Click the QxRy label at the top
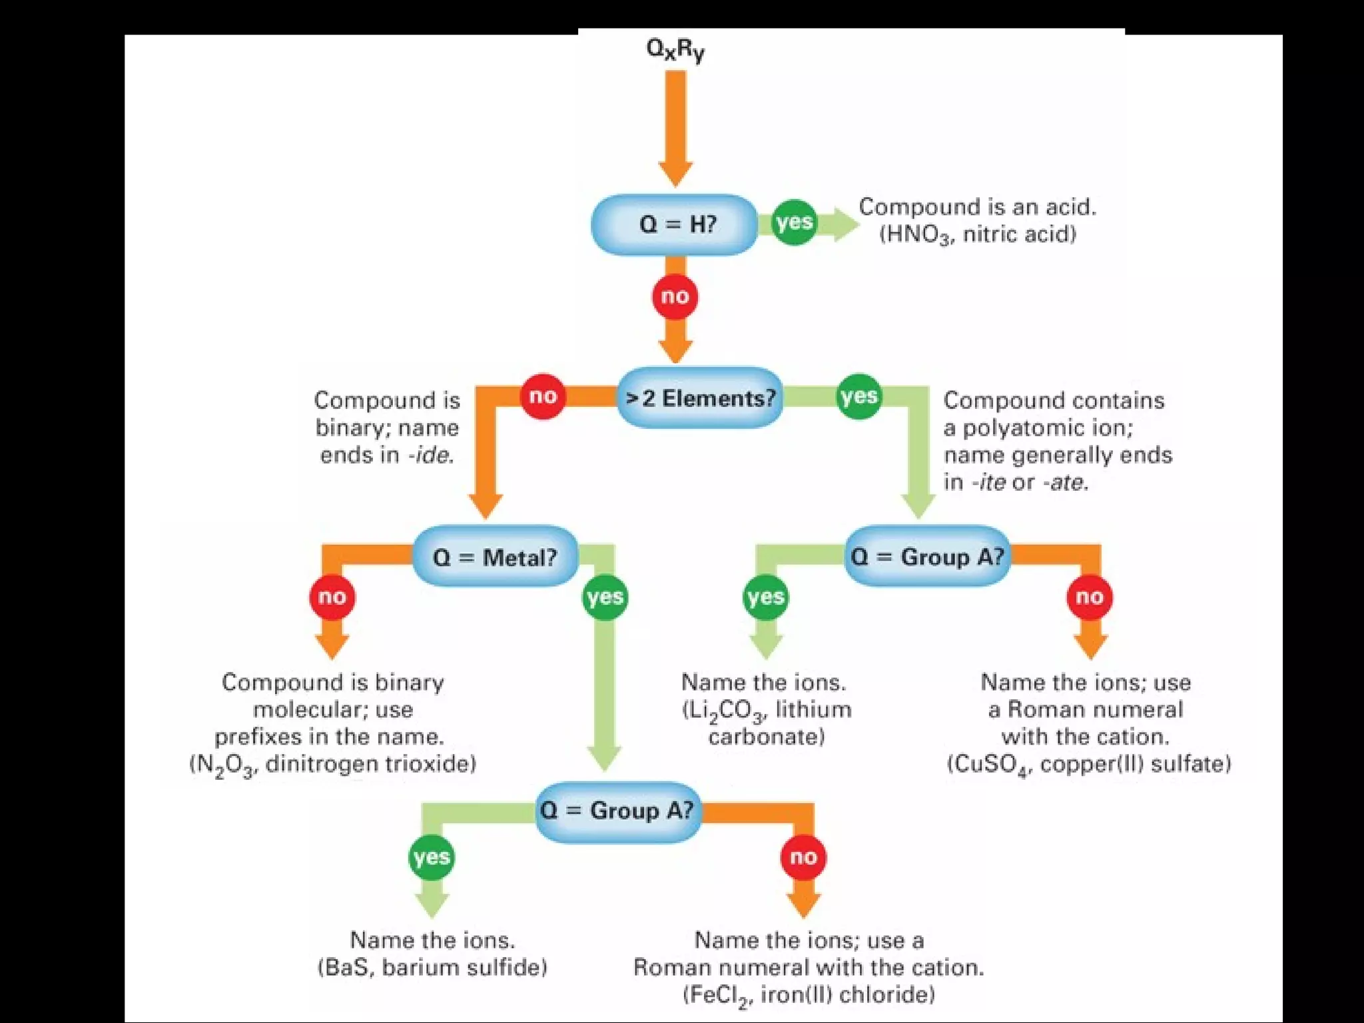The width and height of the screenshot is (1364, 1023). coord(675,51)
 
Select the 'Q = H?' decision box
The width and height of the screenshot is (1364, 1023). coord(675,224)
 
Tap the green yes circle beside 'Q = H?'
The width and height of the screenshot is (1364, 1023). coord(794,222)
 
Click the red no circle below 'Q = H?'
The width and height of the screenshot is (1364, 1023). coord(675,296)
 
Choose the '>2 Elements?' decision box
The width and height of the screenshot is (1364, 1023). coord(699,398)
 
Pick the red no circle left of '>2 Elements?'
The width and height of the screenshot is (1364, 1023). coord(543,396)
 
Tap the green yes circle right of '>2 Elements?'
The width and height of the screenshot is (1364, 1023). coord(858,396)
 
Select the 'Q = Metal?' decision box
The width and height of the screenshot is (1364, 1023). coord(494,557)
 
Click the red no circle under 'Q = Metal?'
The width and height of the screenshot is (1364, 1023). coord(332,597)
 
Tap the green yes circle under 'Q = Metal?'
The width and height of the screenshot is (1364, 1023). coord(605,597)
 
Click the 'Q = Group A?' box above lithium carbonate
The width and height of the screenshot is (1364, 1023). coord(927,557)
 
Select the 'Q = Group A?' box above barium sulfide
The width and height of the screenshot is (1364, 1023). coord(617,811)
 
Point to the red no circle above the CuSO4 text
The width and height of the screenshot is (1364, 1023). coord(1089,597)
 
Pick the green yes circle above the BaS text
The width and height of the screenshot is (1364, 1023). coord(432,857)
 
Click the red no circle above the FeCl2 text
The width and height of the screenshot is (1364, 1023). coord(803,857)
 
